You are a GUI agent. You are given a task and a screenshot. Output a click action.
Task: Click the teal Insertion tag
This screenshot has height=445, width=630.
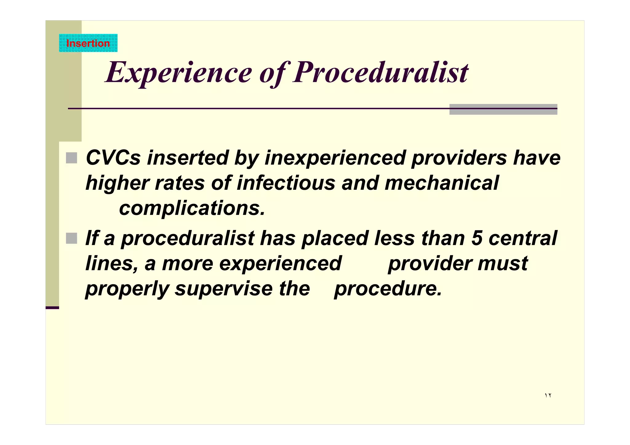click(88, 43)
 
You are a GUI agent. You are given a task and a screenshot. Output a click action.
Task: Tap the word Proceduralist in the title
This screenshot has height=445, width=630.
click(380, 73)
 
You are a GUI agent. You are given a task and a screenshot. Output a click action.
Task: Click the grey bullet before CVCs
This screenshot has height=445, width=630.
click(71, 158)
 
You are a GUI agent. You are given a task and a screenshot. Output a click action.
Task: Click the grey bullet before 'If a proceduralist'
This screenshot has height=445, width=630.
click(71, 238)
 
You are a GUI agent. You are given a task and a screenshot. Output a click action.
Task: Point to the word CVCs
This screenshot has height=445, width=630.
click(113, 158)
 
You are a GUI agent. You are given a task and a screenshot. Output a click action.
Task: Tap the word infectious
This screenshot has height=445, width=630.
click(285, 183)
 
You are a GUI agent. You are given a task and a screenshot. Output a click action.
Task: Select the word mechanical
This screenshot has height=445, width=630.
click(441, 183)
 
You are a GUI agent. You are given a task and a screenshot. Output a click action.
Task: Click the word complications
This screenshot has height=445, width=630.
click(192, 209)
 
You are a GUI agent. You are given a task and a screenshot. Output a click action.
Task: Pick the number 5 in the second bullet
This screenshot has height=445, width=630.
click(476, 238)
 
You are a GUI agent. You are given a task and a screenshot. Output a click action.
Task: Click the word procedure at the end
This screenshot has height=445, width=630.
click(387, 289)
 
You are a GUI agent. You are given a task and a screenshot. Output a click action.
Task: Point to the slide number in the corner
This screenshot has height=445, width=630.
click(548, 395)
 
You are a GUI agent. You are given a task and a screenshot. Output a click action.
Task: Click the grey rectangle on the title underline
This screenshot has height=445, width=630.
click(503, 109)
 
